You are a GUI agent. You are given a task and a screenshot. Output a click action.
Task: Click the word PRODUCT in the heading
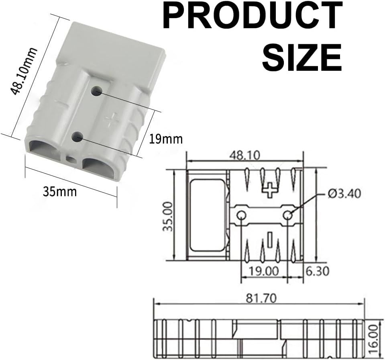[x=253, y=16]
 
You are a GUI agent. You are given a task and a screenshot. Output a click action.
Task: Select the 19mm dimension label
[x=166, y=139]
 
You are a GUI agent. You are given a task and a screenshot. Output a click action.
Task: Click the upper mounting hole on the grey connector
[x=96, y=91]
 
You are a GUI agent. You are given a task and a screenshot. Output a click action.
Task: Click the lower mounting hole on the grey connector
[x=77, y=137]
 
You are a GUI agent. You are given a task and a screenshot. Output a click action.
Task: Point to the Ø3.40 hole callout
[x=344, y=194]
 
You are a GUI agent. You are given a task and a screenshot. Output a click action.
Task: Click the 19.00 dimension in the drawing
[x=264, y=271]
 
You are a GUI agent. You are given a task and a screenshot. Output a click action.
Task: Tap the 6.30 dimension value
[x=317, y=271]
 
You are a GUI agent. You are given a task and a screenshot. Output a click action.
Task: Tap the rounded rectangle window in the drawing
[x=207, y=215]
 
